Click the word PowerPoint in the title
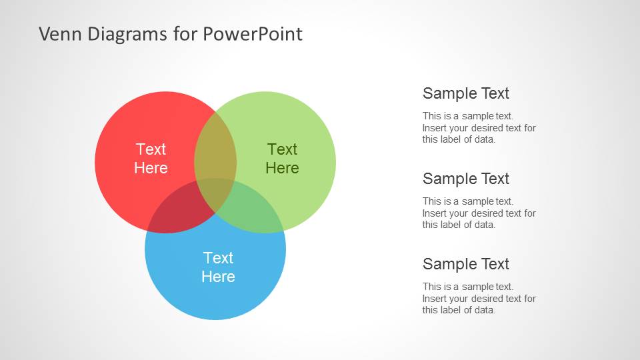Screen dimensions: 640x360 click(252, 34)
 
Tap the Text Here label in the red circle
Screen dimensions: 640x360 click(151, 159)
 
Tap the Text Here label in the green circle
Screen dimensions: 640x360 click(282, 159)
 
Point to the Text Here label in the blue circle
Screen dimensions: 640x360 click(219, 267)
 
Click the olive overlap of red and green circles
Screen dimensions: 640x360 click(215, 147)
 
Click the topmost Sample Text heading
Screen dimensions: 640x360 click(466, 93)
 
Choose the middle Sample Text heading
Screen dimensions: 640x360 click(466, 179)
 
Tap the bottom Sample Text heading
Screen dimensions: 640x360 click(466, 264)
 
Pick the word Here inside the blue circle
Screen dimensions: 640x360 click(219, 277)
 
